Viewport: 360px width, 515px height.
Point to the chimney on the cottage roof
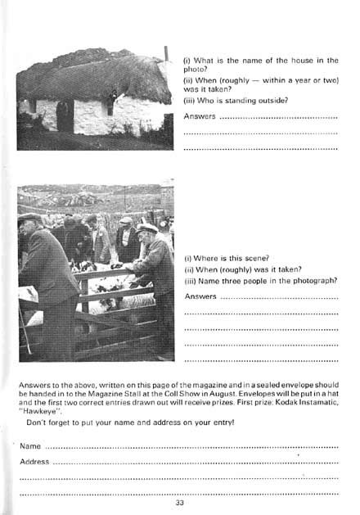165,57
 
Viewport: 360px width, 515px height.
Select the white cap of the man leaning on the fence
148,228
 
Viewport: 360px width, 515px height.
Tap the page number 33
179,502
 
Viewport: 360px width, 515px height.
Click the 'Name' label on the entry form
30,447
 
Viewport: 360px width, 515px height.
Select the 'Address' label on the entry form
34,462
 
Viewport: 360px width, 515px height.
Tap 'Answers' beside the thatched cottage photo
200,116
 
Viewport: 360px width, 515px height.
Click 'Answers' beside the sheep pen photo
200,296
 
